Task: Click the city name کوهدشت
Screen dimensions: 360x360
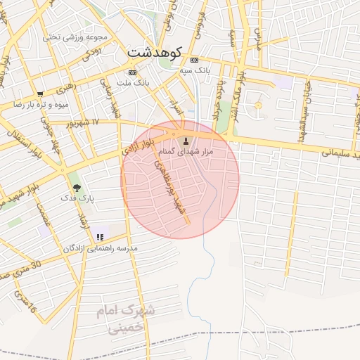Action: tap(155, 53)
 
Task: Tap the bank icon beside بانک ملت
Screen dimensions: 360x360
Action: tap(132, 72)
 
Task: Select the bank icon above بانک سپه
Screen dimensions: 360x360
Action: tap(194, 60)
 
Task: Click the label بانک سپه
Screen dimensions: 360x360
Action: tap(194, 71)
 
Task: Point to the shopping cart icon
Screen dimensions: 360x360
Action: tap(40, 94)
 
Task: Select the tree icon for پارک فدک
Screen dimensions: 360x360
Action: tap(77, 188)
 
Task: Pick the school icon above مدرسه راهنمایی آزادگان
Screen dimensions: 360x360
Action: tap(100, 237)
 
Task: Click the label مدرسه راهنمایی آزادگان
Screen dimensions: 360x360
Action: tap(101, 248)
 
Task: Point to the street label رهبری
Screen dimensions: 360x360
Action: tap(65, 89)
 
